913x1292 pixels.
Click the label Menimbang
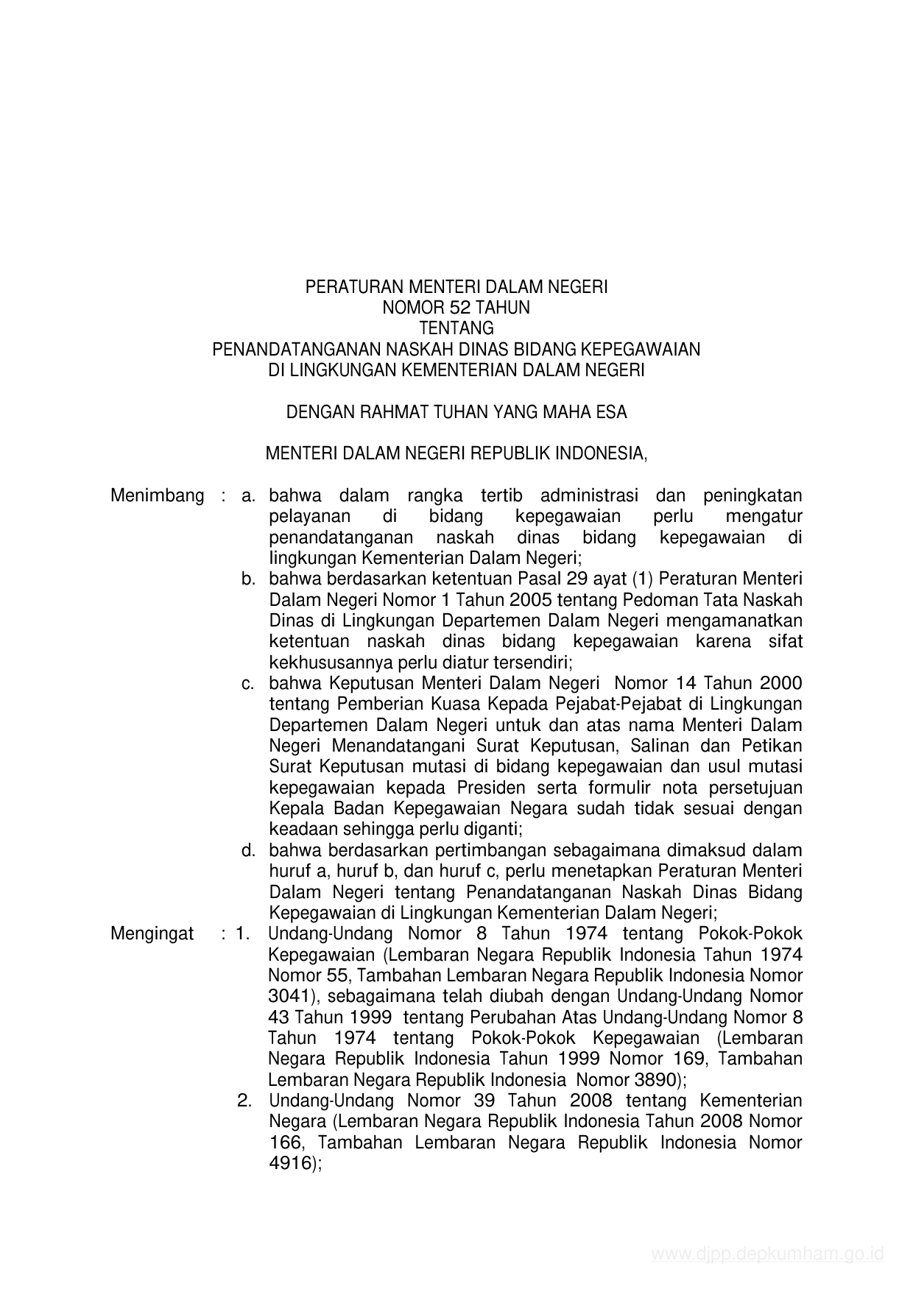(x=157, y=495)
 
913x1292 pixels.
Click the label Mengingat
(x=152, y=933)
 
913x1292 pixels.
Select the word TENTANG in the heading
(x=456, y=328)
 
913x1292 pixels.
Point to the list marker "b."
(x=248, y=579)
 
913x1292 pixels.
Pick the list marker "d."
(x=248, y=850)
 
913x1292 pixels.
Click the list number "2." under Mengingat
(x=245, y=1101)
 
